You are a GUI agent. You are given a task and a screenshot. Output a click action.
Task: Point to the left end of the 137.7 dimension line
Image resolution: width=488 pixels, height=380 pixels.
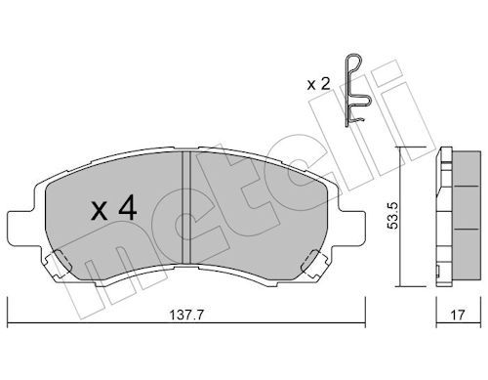click(9, 322)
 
